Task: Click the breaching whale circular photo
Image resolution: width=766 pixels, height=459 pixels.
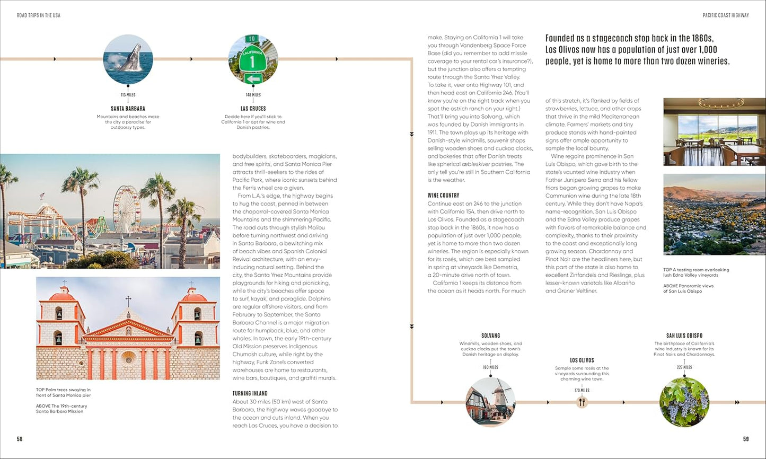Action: pos(128,59)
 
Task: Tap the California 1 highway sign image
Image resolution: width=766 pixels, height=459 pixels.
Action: pos(253,59)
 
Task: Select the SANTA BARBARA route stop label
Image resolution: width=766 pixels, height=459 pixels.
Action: pos(128,109)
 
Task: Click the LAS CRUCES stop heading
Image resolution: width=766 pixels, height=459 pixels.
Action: pos(253,109)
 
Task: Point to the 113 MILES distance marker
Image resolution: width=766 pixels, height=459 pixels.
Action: pos(128,95)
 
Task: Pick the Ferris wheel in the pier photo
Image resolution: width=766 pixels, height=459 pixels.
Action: pos(126,209)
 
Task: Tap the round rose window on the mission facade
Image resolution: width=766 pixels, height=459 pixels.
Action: pos(128,357)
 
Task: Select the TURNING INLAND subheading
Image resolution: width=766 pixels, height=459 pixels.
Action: pos(250,393)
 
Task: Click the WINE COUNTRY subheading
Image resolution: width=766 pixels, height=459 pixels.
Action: pos(443,196)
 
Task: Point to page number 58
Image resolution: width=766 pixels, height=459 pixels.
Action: pos(20,439)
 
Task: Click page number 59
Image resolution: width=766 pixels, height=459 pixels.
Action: pos(746,439)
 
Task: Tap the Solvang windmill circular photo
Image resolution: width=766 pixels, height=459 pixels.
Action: pos(490,402)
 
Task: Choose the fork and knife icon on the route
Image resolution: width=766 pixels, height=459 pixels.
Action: pos(582,402)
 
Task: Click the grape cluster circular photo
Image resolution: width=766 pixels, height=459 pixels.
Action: pos(684,402)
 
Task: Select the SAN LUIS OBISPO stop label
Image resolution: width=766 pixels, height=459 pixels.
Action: pos(684,336)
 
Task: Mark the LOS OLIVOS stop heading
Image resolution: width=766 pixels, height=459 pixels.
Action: pos(582,360)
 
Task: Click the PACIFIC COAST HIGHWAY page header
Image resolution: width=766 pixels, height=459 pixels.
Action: pos(726,15)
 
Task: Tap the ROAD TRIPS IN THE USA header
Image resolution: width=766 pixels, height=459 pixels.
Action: pos(39,15)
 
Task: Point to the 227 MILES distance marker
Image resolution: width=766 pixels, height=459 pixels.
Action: pos(684,367)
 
